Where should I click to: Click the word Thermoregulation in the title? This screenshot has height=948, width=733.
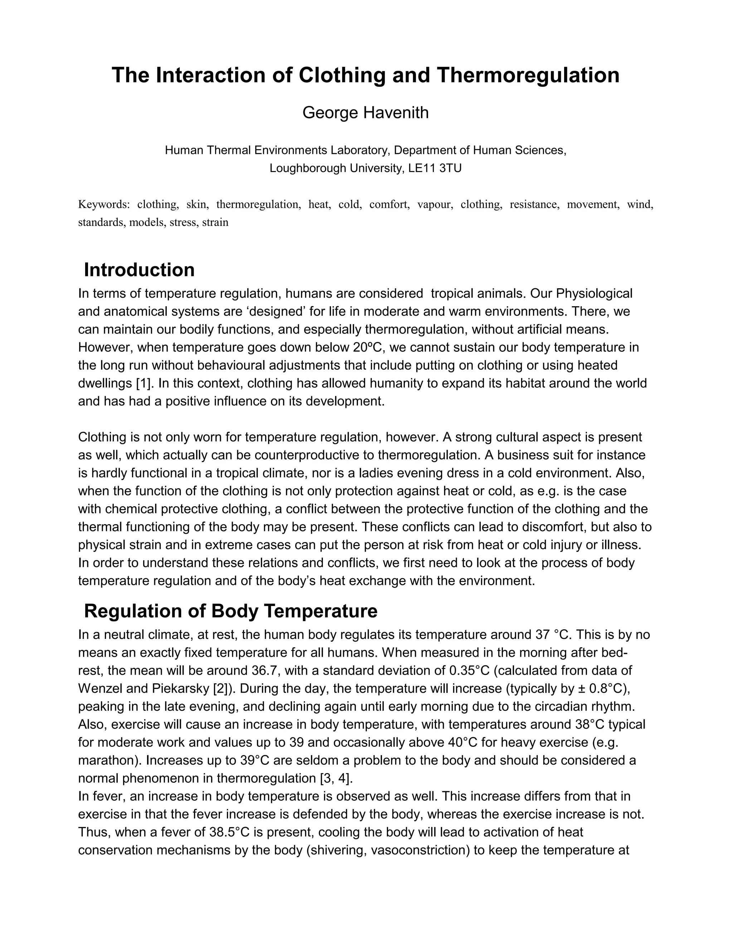tap(528, 75)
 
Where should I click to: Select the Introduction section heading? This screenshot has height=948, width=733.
tap(139, 270)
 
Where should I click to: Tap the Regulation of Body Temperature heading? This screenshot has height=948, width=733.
tap(230, 611)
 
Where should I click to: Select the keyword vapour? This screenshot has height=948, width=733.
tap(435, 204)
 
